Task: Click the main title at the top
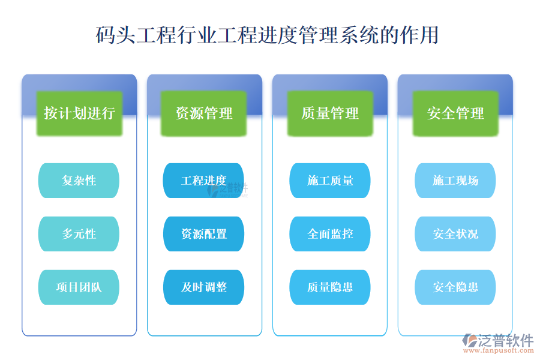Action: tap(268, 35)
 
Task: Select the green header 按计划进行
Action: tap(79, 113)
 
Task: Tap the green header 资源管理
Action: tap(204, 113)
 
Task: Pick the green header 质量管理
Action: tap(330, 113)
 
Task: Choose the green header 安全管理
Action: tap(455, 113)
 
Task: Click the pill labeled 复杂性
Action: tap(79, 181)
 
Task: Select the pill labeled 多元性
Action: tap(79, 234)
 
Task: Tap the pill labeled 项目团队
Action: tap(79, 287)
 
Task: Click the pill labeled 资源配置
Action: tap(204, 234)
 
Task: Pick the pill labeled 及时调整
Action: tap(204, 287)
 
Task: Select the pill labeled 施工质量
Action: tap(330, 181)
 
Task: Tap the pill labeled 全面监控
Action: tap(330, 234)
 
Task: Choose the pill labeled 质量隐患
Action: tap(330, 287)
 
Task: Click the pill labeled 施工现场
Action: tap(455, 181)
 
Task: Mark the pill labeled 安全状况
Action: tap(455, 234)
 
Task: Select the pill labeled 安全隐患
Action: tap(455, 287)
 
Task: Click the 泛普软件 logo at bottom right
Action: tap(498, 340)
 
